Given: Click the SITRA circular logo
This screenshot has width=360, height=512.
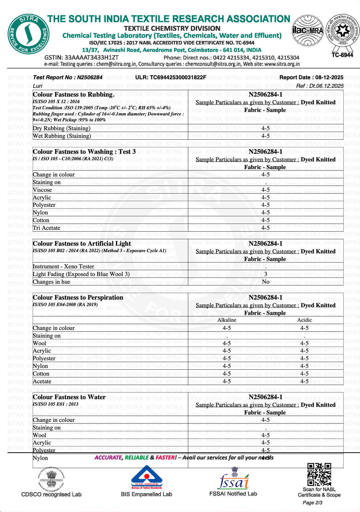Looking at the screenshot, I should click(29, 34).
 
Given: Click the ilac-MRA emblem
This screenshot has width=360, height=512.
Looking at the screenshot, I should click(308, 30).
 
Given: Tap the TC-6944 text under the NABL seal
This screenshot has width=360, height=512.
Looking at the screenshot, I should click(342, 55).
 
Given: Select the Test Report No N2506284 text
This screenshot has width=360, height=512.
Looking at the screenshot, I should click(68, 77).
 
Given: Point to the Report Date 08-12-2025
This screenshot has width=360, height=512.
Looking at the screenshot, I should click(311, 77).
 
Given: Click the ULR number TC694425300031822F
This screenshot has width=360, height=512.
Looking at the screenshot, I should click(171, 77).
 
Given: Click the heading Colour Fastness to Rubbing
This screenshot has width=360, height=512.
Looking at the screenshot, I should click(74, 95).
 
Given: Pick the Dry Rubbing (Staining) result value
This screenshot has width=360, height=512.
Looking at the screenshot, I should click(265, 128).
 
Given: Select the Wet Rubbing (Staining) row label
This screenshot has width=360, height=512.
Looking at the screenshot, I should click(62, 136).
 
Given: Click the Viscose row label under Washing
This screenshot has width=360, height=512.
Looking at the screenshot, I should click(42, 190).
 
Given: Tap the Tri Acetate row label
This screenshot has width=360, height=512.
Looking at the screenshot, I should click(47, 228).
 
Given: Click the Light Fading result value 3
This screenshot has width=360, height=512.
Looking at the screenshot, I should click(265, 274).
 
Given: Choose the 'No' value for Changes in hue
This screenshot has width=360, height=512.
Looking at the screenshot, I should click(265, 282).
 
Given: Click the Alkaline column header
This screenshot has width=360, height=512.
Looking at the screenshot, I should click(227, 320).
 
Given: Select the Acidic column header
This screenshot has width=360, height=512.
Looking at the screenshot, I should click(304, 320).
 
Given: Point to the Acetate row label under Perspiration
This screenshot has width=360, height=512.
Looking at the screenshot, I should click(42, 381).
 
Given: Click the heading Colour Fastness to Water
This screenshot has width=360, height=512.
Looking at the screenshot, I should click(69, 397).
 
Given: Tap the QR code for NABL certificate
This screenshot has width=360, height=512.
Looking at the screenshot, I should click(319, 474).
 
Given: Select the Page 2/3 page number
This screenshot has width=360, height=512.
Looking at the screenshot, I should click(312, 503).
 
